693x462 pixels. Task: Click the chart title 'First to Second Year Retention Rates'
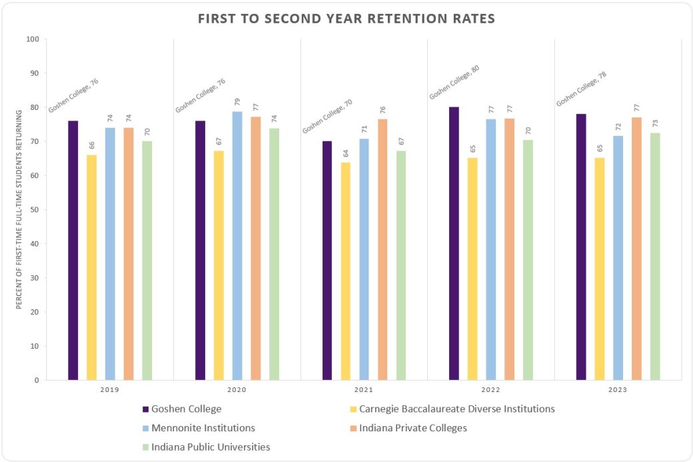346,19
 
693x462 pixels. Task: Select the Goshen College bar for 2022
454,243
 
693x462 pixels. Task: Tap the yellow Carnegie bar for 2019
91,267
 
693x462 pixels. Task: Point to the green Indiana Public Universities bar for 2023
655,257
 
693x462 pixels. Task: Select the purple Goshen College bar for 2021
327,261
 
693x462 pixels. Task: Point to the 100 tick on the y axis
32,39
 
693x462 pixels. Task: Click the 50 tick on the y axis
34,210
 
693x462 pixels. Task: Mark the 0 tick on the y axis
36,381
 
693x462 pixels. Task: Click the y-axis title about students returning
20,209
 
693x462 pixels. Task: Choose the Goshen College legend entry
182,409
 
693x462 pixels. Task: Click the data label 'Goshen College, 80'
454,83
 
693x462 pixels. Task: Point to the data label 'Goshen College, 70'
327,116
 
